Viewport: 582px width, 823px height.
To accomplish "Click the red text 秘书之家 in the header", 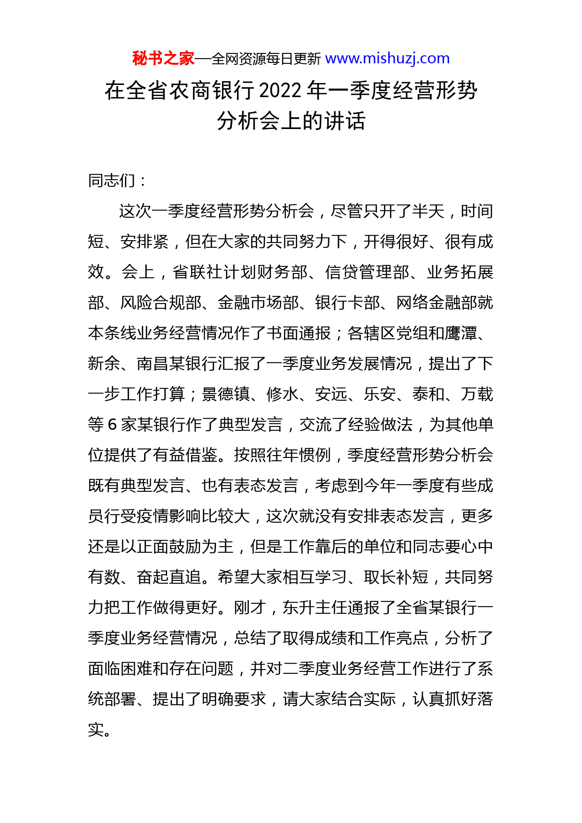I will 163,59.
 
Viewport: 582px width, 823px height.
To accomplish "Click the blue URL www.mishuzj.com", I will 387,59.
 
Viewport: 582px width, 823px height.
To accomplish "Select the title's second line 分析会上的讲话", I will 291,121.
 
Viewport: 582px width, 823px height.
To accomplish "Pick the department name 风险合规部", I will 161,303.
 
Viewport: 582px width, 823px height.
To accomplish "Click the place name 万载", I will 477,394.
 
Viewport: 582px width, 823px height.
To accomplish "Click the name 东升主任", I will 314,608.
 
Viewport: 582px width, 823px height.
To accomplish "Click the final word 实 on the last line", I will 96,730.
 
